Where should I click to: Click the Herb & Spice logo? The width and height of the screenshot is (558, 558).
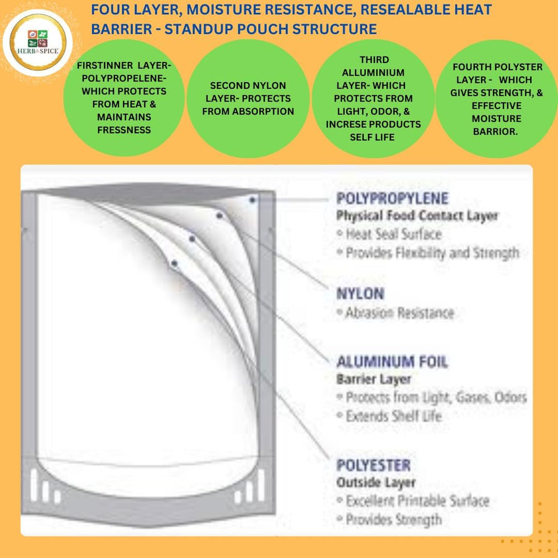coord(38,43)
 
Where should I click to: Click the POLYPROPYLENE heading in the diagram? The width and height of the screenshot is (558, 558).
coord(392,198)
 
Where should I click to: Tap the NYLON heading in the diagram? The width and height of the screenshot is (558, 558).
coord(360,294)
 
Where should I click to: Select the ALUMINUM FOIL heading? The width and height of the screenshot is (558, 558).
coord(392,362)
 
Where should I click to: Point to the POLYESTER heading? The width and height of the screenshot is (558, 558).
coord(374,465)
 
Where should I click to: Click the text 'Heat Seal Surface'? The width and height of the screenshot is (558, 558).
coord(393,234)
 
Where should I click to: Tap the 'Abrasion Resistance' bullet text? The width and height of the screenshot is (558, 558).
coord(400,313)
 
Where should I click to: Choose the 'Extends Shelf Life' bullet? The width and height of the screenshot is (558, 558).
coord(393,416)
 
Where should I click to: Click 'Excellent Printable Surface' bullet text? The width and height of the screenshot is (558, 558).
coord(418,501)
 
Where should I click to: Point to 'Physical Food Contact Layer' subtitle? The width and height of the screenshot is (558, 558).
coord(417,215)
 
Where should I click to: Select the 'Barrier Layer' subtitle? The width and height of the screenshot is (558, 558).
coord(374,379)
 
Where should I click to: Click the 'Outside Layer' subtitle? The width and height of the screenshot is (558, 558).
coord(376,483)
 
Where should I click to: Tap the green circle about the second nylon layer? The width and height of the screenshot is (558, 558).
coord(248,99)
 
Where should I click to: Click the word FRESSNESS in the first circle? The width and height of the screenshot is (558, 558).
coord(124,130)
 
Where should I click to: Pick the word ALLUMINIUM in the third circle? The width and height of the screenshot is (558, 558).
coord(373,73)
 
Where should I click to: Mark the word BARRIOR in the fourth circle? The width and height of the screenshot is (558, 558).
coord(494,131)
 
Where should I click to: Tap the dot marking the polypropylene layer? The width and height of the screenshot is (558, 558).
coord(252,200)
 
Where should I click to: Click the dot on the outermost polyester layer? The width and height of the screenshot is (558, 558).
coord(174,264)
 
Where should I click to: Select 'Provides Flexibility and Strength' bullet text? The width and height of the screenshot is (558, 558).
coord(432,253)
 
